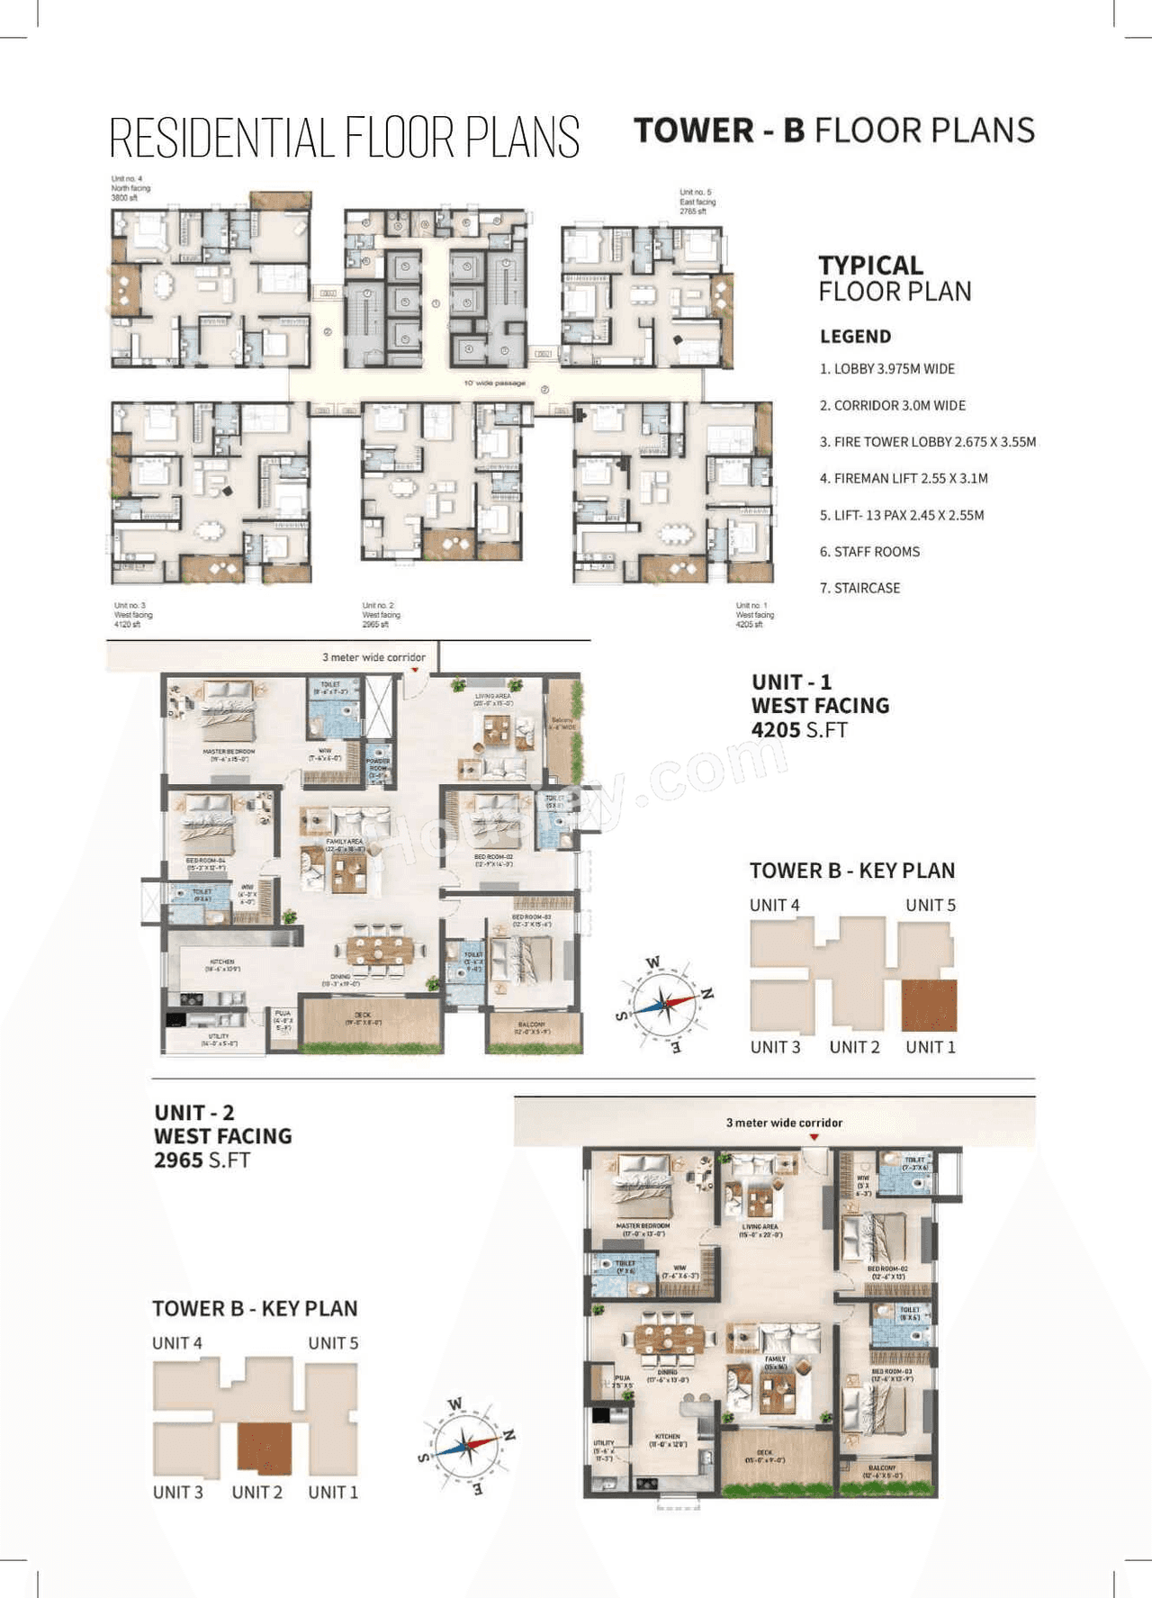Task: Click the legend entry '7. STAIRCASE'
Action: [x=859, y=588]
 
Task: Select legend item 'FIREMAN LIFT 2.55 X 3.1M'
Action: [x=904, y=478]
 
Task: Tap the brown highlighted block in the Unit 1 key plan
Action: [x=929, y=1006]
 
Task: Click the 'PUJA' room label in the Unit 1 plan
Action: [x=283, y=1016]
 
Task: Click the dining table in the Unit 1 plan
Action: [x=380, y=949]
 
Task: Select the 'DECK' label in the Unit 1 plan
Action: [x=363, y=1016]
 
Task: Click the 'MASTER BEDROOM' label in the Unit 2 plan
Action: [x=643, y=1227]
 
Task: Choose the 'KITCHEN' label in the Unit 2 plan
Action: [x=667, y=1439]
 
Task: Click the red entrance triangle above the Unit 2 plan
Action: [x=814, y=1138]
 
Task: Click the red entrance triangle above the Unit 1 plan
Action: [x=415, y=671]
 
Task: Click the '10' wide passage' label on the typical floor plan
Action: [x=494, y=384]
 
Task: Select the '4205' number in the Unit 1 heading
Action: [x=776, y=730]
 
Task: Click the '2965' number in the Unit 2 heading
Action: [x=178, y=1160]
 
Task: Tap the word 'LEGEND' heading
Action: [x=855, y=337]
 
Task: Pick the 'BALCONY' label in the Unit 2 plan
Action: [x=882, y=1470]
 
